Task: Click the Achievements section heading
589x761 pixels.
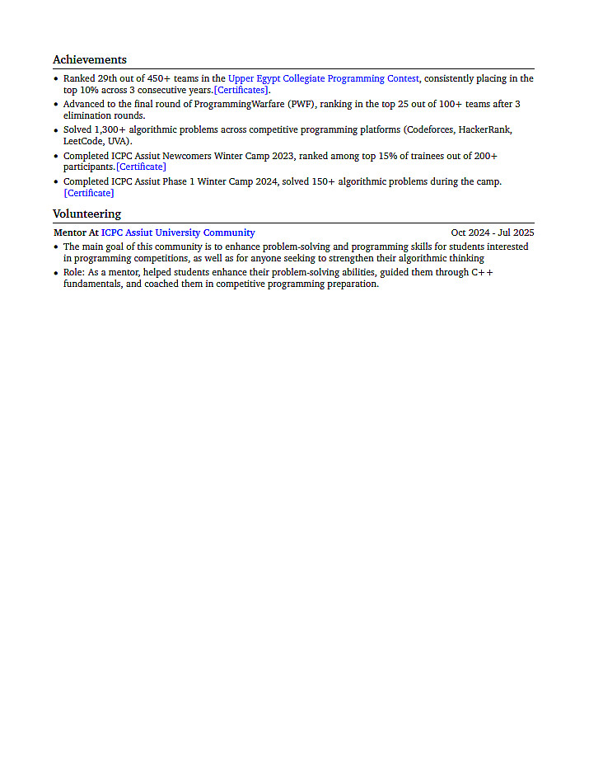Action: tap(90, 59)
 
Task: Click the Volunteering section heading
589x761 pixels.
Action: tap(86, 214)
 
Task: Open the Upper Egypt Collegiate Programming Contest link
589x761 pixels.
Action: tap(324, 79)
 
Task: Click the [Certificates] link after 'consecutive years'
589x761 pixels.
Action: tap(241, 91)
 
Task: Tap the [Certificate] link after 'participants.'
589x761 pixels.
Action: tap(141, 167)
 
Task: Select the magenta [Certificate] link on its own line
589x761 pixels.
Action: tap(89, 193)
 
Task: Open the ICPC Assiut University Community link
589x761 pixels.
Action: tap(178, 233)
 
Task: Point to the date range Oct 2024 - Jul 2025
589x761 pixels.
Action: tap(492, 233)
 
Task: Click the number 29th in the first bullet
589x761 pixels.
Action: tap(109, 79)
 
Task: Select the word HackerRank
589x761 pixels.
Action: tap(485, 130)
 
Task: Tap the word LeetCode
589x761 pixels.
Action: tap(83, 142)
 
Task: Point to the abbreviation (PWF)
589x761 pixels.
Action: tap(301, 105)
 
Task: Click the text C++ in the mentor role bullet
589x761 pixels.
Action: tap(482, 272)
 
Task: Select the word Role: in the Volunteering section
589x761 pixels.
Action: tap(74, 272)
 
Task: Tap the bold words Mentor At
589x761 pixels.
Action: tap(76, 233)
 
